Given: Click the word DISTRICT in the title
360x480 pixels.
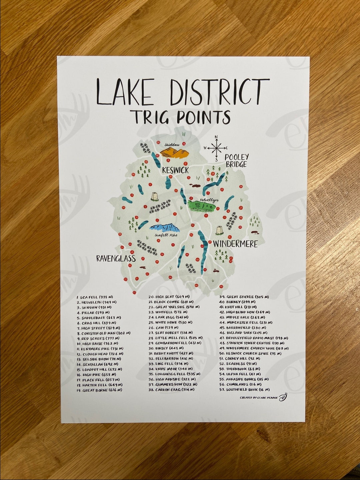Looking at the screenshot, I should [x=219, y=91].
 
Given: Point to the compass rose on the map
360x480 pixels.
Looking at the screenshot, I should [x=216, y=148].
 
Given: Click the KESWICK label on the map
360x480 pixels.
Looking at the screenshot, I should [x=175, y=170].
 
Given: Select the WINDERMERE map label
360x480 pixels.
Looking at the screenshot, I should [x=235, y=244].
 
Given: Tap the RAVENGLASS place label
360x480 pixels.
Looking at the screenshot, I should [x=116, y=258].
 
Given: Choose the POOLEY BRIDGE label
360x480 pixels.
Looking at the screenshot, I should [x=237, y=161].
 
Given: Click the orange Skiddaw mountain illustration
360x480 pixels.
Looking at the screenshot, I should [x=174, y=153].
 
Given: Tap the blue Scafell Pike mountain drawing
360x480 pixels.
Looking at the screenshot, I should [x=165, y=228].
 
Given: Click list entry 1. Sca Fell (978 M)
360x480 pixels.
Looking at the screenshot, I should [x=95, y=297].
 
